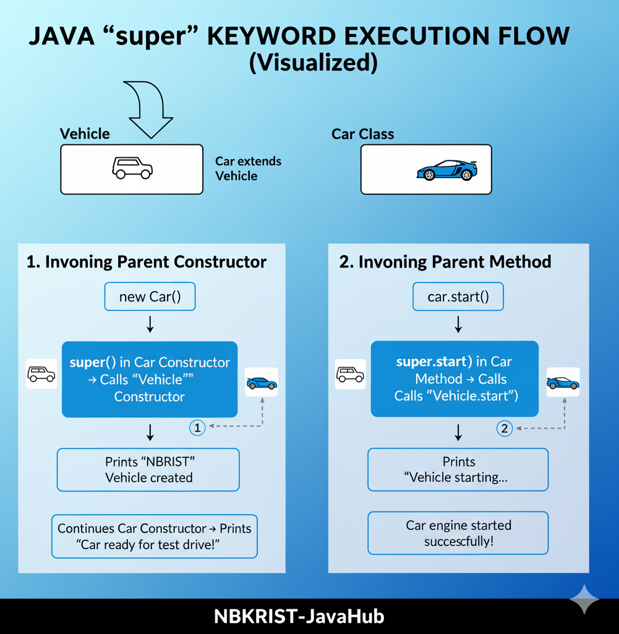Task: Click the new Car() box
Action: coord(150,297)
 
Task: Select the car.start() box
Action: coord(458,297)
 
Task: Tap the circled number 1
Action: coord(196,427)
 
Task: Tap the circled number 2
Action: coord(505,428)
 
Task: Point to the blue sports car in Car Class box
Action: coord(446,170)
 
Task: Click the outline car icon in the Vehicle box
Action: coord(132,168)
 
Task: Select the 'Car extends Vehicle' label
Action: coord(248,168)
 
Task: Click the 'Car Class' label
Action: coord(362,134)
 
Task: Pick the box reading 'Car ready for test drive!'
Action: coord(154,536)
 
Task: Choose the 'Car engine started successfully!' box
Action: coord(458,533)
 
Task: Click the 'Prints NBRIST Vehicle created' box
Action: coord(148,470)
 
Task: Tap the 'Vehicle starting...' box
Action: coord(458,470)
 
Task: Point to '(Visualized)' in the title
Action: coord(312,64)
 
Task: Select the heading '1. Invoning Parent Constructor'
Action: coord(147,262)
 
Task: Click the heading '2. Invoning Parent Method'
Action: coord(445,262)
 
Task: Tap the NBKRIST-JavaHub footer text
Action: coord(299,617)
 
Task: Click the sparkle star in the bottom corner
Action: coord(584,599)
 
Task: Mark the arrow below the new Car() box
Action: coord(150,325)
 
